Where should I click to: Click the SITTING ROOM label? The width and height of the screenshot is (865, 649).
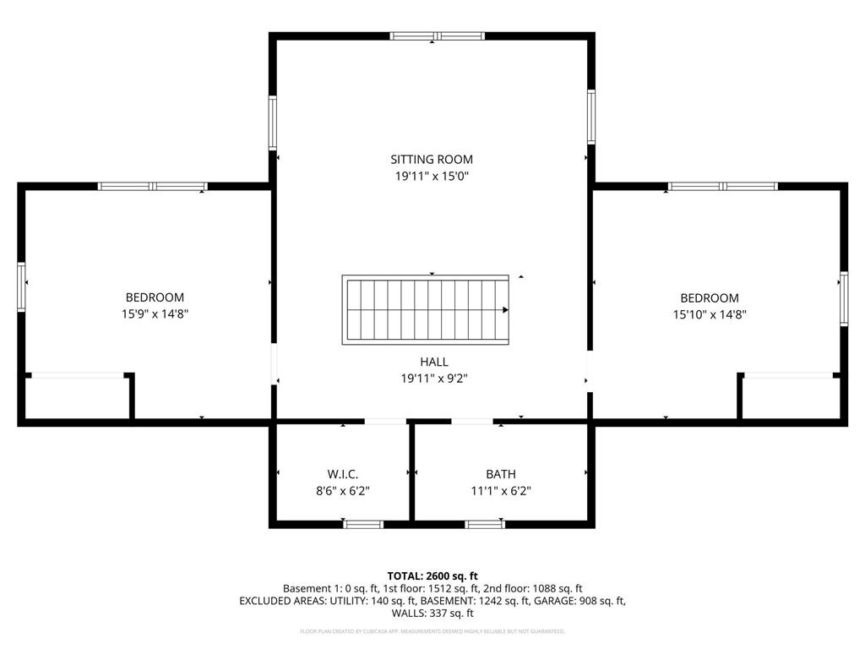(431, 159)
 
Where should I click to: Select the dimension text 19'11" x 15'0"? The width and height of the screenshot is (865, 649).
(431, 176)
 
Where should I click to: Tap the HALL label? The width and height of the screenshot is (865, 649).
(434, 362)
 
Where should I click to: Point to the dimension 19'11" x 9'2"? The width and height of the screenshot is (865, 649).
(434, 379)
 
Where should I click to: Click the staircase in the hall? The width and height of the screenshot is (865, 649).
(425, 309)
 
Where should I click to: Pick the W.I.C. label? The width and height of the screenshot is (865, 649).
(343, 474)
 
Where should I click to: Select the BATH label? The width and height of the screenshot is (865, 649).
(500, 474)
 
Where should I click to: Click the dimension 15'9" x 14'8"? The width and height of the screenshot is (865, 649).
(155, 314)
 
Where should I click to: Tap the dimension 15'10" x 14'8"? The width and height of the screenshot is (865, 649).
(710, 314)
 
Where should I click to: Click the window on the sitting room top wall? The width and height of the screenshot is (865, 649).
(437, 36)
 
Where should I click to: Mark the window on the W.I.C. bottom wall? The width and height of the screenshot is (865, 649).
(364, 524)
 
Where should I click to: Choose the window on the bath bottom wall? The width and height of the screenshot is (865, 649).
(486, 524)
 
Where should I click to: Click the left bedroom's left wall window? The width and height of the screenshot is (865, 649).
(22, 287)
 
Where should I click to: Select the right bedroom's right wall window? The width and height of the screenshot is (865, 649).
(843, 298)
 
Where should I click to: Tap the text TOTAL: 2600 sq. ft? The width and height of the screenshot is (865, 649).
(432, 575)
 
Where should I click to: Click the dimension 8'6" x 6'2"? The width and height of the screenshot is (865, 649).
(343, 490)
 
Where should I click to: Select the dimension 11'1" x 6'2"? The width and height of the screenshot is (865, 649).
(500, 490)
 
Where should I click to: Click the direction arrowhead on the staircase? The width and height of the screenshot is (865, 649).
(505, 310)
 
